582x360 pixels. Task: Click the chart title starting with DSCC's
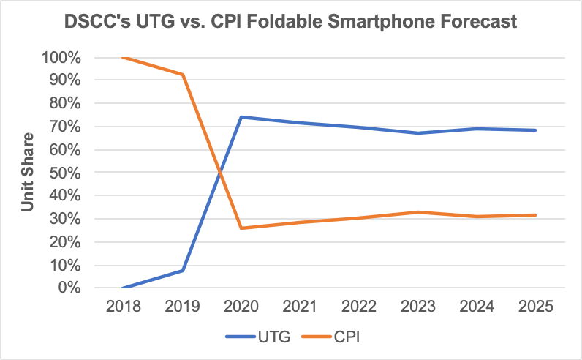click(x=290, y=23)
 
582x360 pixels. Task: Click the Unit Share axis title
click(x=27, y=172)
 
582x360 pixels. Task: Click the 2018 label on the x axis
click(x=123, y=307)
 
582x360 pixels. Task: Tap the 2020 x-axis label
click(x=241, y=307)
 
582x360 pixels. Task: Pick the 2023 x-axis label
click(x=418, y=307)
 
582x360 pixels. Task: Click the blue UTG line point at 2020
click(x=241, y=117)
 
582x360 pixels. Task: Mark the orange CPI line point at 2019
click(x=182, y=75)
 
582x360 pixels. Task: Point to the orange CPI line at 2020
click(x=241, y=228)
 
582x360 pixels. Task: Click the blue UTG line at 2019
click(x=182, y=271)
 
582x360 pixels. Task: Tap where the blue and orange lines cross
click(x=219, y=173)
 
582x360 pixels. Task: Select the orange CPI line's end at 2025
click(x=536, y=215)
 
